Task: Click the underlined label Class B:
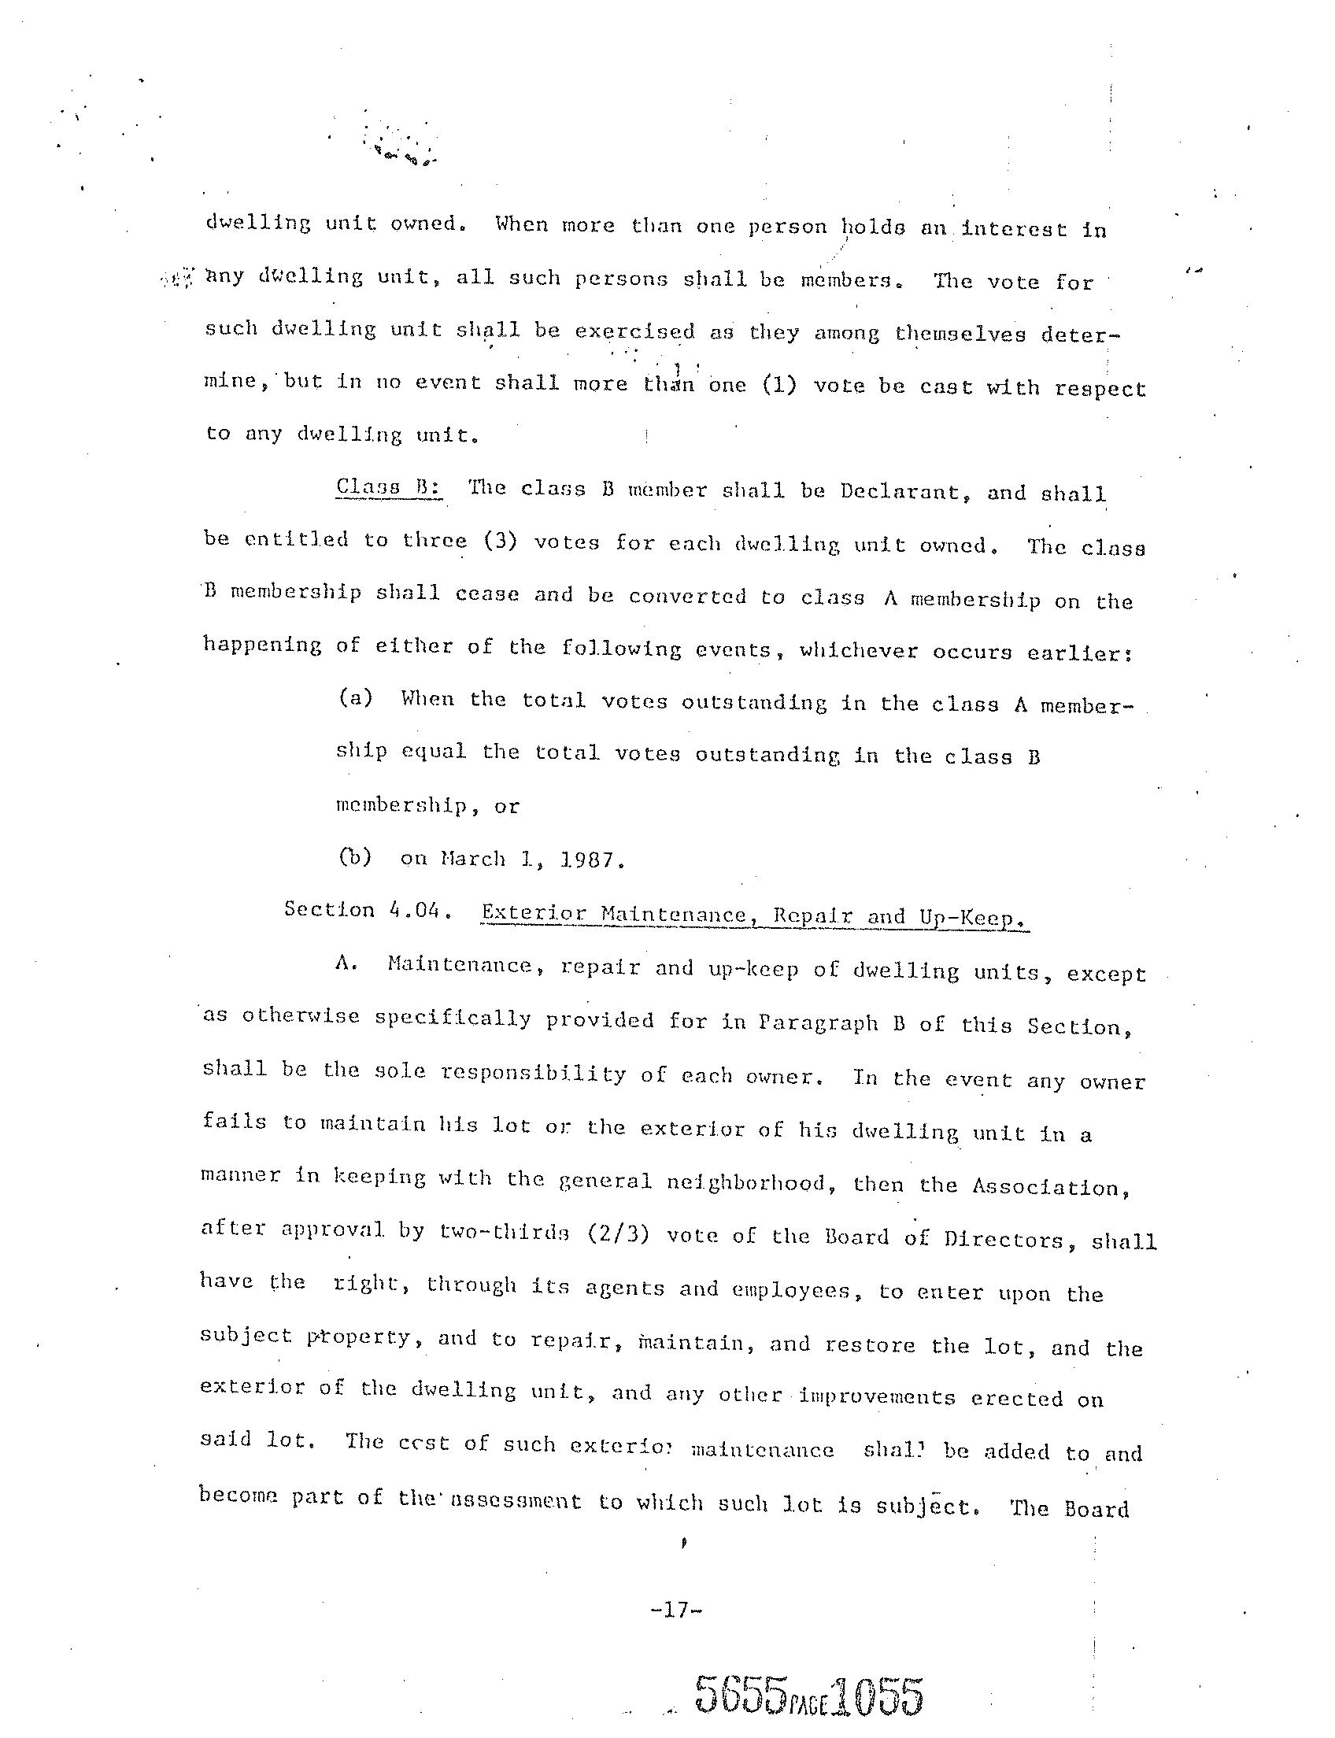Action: [388, 486]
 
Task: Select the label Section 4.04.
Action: [368, 910]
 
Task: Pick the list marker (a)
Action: [355, 698]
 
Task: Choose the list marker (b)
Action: [355, 858]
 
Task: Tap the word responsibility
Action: [533, 1074]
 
